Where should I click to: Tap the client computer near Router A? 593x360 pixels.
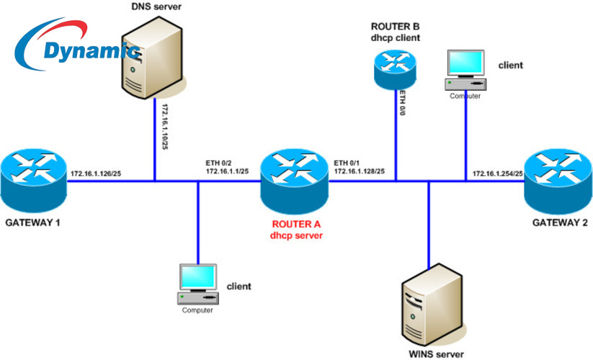click(197, 284)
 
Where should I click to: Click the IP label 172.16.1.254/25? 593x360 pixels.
click(497, 174)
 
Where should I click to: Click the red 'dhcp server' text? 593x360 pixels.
click(296, 235)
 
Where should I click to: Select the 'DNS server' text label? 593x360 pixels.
click(156, 6)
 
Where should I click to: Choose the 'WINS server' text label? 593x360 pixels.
click(434, 354)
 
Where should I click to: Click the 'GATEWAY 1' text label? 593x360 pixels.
click(32, 223)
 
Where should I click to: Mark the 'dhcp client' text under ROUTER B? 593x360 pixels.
click(396, 37)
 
